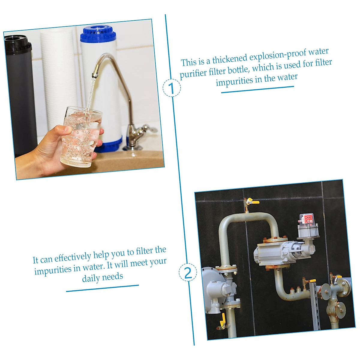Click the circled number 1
pyautogui.click(x=172, y=88)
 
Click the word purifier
pyautogui.click(x=193, y=73)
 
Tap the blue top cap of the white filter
pyautogui.click(x=98, y=34)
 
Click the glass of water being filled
pyautogui.click(x=81, y=137)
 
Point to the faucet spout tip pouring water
pyautogui.click(x=94, y=75)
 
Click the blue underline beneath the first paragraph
pyautogui.click(x=257, y=89)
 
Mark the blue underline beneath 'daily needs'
pyautogui.click(x=102, y=288)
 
